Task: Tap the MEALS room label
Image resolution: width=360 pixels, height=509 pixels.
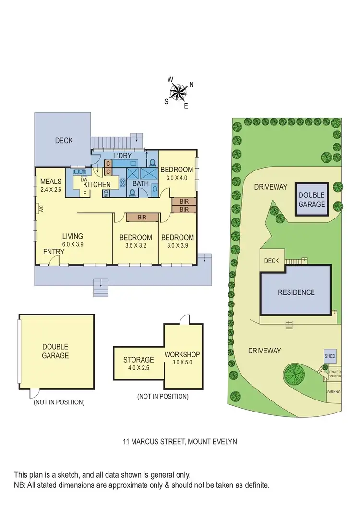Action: point(50,182)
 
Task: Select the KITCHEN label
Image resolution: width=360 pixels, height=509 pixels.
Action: point(97,184)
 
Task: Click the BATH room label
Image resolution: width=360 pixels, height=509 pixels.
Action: point(141,183)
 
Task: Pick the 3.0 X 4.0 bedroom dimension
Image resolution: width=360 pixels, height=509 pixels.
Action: point(177,178)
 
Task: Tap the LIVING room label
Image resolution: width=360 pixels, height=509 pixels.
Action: point(72,236)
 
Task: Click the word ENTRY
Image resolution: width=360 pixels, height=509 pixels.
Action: point(54,252)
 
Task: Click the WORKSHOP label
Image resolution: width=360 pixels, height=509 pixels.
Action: point(181,355)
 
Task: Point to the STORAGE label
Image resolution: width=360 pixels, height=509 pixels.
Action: point(138,360)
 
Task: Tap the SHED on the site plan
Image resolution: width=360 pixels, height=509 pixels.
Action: point(330,356)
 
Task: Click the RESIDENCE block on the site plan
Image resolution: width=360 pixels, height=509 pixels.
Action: point(296,292)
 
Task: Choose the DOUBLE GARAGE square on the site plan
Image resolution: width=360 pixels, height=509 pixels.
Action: point(312,199)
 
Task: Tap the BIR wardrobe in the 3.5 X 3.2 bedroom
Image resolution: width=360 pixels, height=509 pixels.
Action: point(142,218)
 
